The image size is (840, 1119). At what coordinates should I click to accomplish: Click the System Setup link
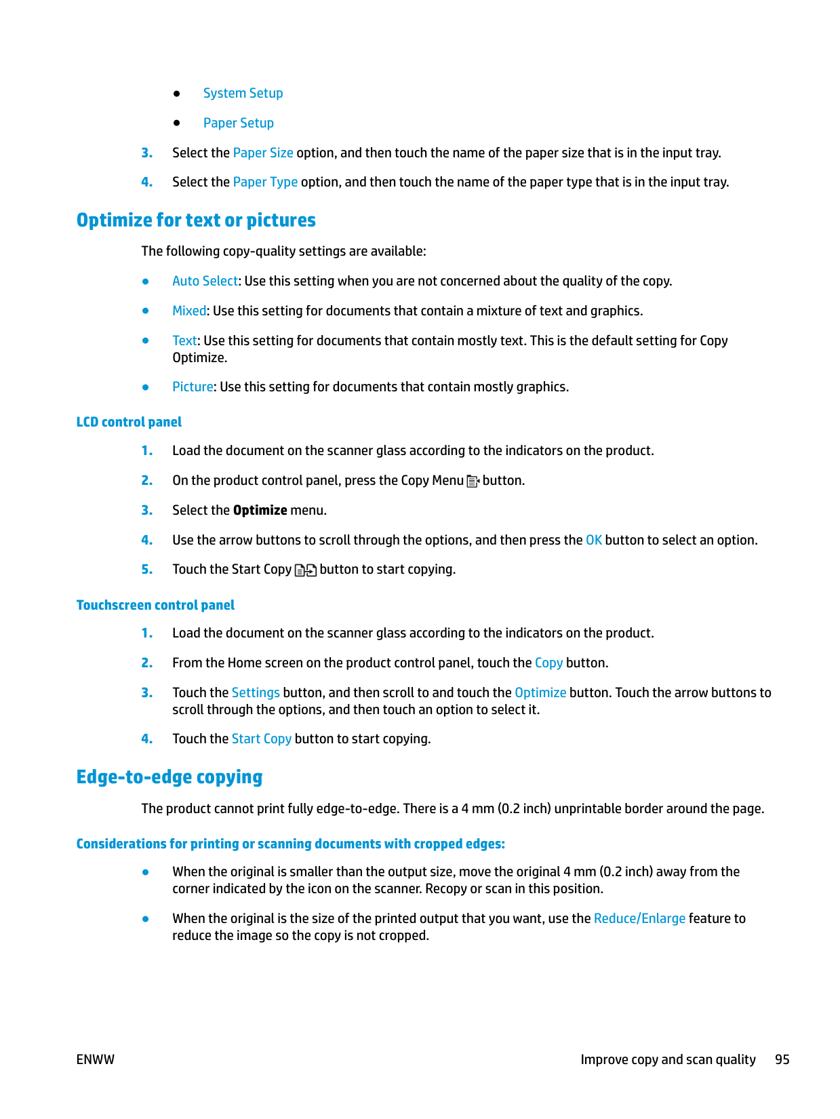point(243,94)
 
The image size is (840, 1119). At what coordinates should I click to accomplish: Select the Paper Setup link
point(238,123)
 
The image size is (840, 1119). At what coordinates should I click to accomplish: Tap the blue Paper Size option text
point(263,153)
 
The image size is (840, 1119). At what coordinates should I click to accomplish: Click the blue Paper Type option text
point(265,182)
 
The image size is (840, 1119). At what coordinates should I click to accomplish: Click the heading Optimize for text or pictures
point(196,220)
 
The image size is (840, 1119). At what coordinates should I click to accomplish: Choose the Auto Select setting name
point(205,281)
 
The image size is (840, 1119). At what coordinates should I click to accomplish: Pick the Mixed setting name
point(189,311)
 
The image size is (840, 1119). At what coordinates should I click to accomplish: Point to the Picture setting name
point(193,387)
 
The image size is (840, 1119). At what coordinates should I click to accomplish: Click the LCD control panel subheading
point(129,423)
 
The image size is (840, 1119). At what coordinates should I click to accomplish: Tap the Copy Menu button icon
point(473,482)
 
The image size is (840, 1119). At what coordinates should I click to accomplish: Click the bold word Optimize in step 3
point(260,511)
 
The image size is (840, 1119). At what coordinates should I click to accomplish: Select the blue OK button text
point(594,541)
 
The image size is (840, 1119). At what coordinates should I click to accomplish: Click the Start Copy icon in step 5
point(306,570)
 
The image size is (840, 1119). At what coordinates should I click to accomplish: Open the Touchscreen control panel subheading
point(155,606)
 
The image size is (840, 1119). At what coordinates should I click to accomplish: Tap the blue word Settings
point(256,693)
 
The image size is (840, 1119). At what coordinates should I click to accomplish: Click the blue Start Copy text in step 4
point(262,739)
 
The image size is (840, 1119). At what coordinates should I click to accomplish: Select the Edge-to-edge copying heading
point(169,777)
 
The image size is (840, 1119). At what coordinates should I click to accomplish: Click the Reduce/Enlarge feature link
point(639,919)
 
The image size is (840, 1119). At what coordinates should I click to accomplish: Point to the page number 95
point(782,1060)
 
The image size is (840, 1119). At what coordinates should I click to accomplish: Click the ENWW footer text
point(96,1060)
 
